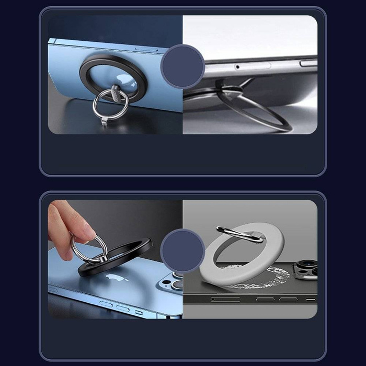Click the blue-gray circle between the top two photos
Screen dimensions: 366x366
(182, 66)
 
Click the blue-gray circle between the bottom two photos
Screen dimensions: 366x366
(182, 250)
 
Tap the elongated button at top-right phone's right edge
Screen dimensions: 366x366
(308, 63)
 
